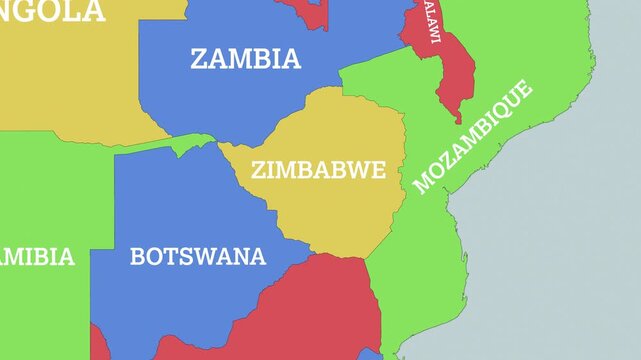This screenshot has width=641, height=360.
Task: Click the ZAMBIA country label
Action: pos(245,59)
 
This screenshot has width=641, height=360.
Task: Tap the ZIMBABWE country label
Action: pos(318,170)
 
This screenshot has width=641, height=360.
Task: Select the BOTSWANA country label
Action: pos(198,256)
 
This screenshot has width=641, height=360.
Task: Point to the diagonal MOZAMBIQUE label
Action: pos(473,137)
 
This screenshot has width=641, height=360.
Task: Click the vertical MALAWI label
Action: pos(432,21)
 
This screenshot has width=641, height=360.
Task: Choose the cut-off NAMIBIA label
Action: pos(36,257)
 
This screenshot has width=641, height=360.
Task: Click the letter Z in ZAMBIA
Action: pos(198,59)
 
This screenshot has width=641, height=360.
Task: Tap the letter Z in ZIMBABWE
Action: pos(258,170)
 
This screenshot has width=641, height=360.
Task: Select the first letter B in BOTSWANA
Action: pos(138,256)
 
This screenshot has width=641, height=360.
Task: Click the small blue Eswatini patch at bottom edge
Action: pos(371,354)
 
